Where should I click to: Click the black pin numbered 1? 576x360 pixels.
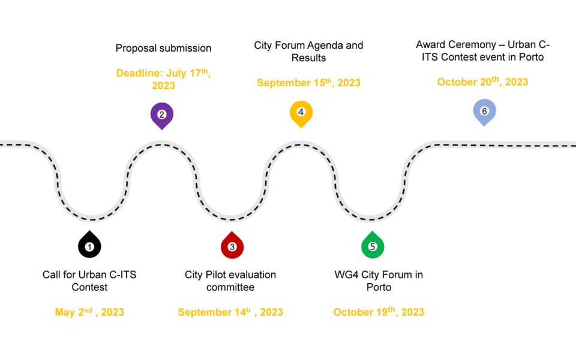point(89,245)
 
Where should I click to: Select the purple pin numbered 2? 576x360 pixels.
point(161,116)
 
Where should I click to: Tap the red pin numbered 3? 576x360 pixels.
point(232,245)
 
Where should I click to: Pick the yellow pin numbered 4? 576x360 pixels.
point(301,114)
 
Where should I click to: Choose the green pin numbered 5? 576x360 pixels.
point(373,245)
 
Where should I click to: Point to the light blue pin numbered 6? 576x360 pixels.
point(484,112)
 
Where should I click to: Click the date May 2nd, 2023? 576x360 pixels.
point(89,312)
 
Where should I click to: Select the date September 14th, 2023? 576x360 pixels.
point(230,312)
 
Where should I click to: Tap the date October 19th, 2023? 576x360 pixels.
point(379,311)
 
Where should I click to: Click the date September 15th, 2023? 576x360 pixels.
point(308,83)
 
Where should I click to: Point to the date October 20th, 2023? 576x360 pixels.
point(482,82)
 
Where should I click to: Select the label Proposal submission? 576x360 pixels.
point(163,48)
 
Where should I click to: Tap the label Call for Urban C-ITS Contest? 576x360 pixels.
point(89,281)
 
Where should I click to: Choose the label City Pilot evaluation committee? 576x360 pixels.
point(230,281)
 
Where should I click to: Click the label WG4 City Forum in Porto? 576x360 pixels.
point(379,281)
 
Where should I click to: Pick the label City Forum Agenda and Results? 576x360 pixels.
point(308,52)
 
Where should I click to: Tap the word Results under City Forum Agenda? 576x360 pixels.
point(308,58)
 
